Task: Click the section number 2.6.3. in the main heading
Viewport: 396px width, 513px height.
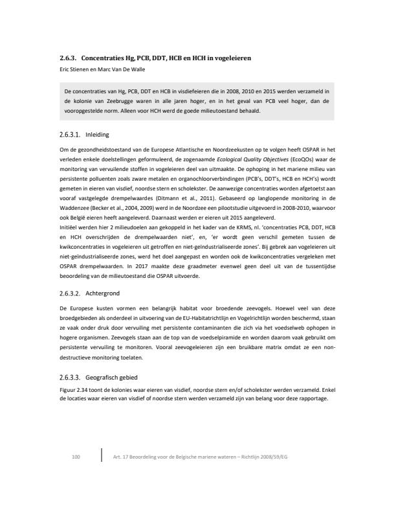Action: tap(67, 58)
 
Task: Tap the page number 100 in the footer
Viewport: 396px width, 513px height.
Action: tap(75, 458)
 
